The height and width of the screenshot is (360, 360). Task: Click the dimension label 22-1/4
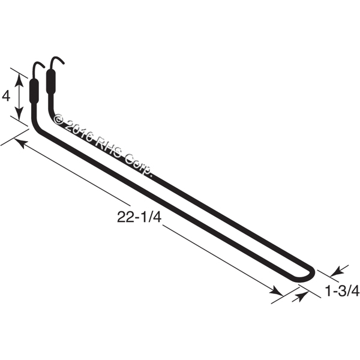click(x=139, y=217)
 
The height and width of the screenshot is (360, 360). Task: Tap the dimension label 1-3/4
click(x=342, y=291)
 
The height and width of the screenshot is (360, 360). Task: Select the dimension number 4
click(x=6, y=97)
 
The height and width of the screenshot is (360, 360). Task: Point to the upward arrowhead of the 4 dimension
click(x=19, y=80)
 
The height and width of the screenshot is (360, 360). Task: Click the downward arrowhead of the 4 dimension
click(x=19, y=113)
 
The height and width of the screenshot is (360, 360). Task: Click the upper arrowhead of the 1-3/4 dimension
click(x=337, y=271)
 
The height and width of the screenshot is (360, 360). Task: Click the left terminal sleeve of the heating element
click(x=34, y=91)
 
